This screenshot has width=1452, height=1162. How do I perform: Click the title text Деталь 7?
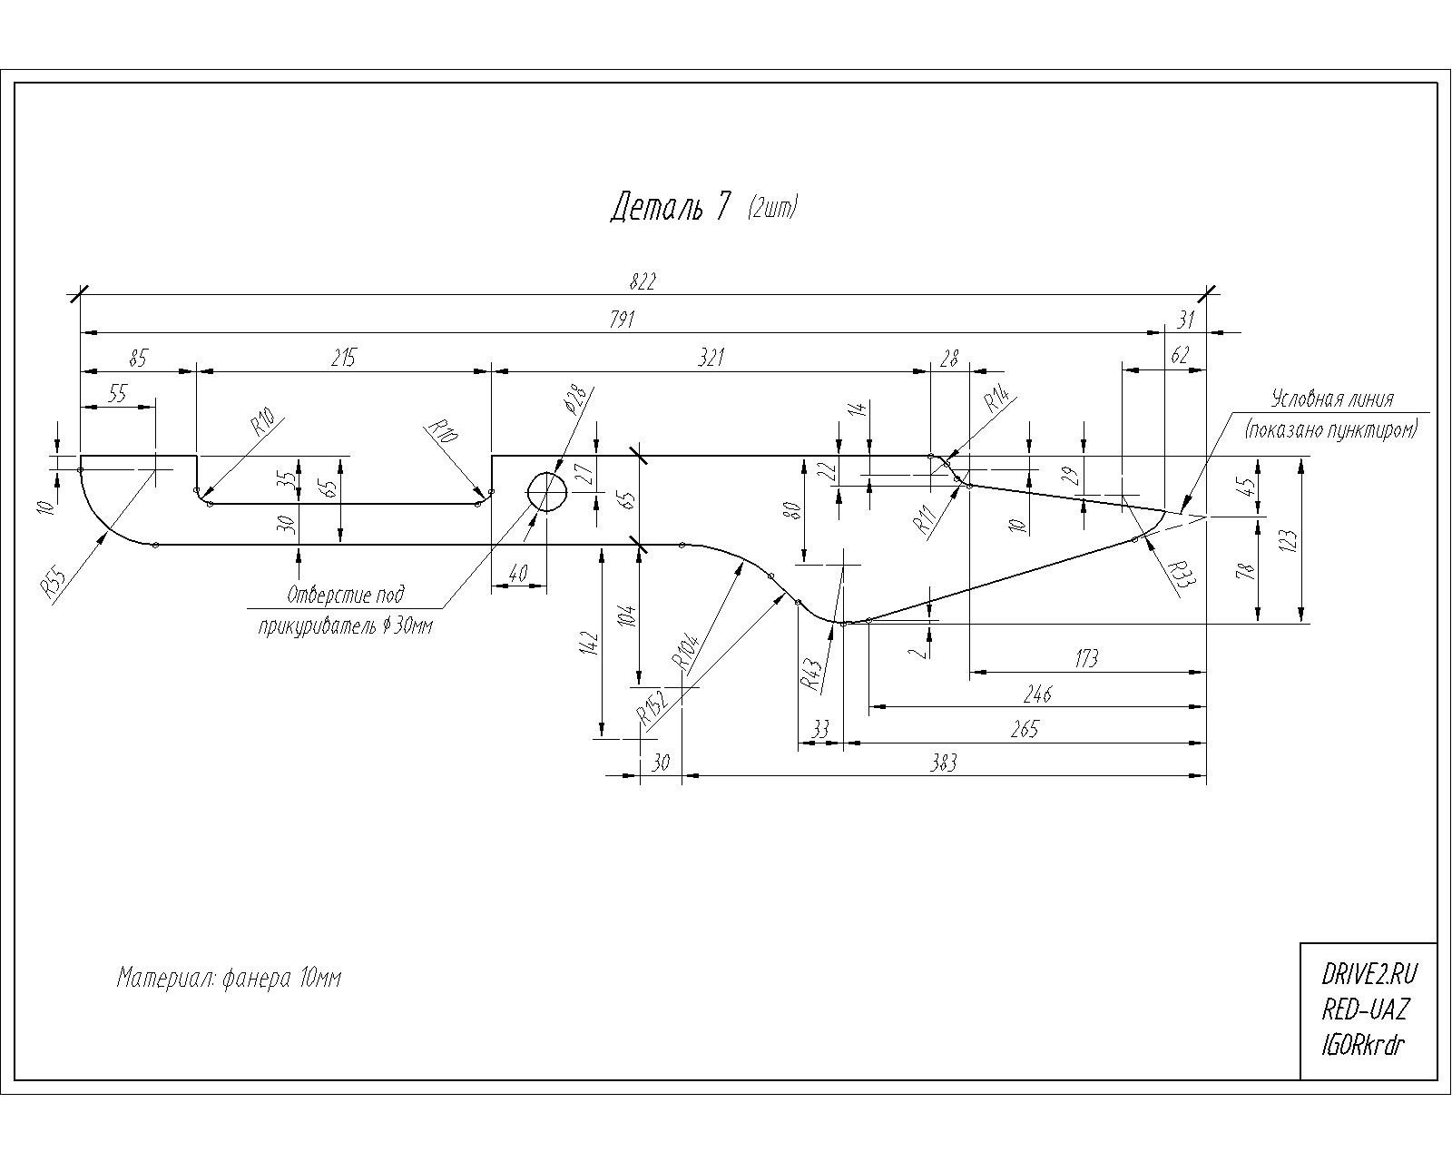(x=670, y=207)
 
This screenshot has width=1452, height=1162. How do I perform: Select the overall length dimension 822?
(x=643, y=281)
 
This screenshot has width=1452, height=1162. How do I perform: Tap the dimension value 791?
(x=622, y=320)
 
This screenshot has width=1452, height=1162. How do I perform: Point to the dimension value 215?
(x=343, y=357)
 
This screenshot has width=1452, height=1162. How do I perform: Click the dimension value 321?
(x=711, y=357)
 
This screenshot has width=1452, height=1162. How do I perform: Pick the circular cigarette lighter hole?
(x=547, y=492)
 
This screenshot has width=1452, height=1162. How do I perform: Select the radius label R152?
(x=653, y=707)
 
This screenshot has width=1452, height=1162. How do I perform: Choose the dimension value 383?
(x=943, y=763)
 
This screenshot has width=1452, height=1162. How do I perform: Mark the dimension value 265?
(x=1025, y=729)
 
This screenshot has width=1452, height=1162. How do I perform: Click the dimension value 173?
(x=1086, y=658)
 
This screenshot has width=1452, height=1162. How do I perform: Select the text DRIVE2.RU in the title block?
(x=1369, y=975)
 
